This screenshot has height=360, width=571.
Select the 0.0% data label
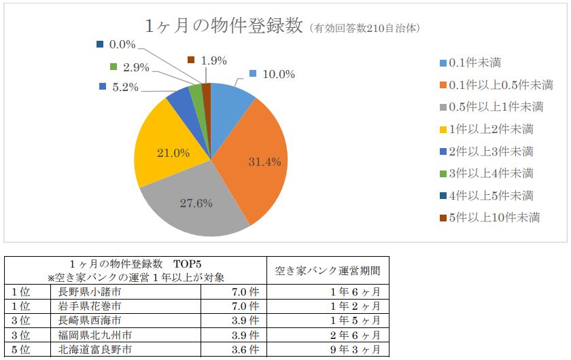123,45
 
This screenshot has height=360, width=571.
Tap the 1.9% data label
213,60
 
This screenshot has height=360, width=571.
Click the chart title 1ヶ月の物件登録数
224,26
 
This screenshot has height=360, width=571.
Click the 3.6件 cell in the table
245,350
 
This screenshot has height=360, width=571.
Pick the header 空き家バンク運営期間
328,270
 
